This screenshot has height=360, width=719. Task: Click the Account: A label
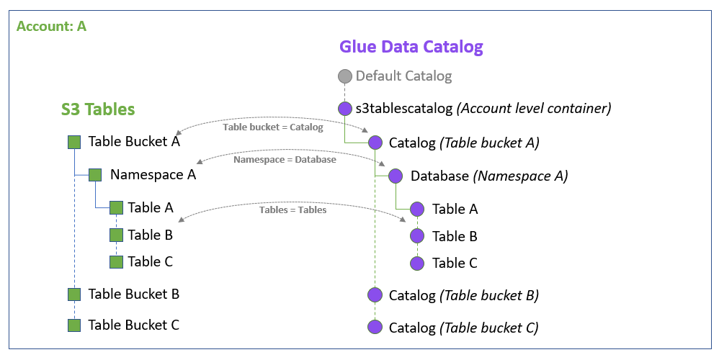[x=51, y=26]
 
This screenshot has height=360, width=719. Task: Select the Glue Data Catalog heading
[x=411, y=48]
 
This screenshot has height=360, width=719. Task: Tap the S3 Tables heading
[x=98, y=109]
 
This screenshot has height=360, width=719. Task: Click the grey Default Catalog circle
[x=345, y=76]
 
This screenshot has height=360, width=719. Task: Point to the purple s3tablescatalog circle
[x=345, y=109]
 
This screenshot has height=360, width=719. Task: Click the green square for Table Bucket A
[x=73, y=142]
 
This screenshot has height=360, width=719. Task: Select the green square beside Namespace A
[x=95, y=175]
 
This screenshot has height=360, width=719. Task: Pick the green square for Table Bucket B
[x=73, y=294]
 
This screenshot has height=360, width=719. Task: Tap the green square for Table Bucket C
[x=73, y=325]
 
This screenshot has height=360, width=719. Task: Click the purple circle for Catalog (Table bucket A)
[x=375, y=143]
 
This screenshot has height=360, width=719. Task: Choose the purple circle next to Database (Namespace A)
[x=396, y=176]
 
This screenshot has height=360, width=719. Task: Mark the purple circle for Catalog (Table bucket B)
[x=375, y=295]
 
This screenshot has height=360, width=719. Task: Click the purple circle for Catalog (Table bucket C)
[x=375, y=328]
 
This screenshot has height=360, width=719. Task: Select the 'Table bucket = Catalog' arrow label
[x=273, y=127]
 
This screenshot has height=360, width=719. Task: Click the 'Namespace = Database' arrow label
[x=285, y=159]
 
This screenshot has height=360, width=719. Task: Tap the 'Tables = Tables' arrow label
[x=292, y=210]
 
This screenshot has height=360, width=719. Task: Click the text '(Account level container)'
[x=535, y=109]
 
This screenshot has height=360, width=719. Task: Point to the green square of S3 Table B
[x=116, y=235]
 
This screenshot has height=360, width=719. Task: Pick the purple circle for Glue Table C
[x=417, y=264]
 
